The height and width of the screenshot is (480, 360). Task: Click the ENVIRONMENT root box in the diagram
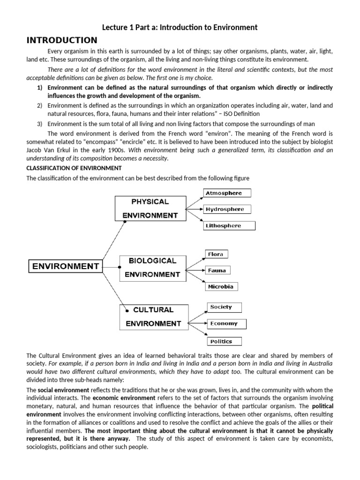tap(66, 267)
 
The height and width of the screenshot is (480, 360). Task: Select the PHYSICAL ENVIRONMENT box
tap(150, 208)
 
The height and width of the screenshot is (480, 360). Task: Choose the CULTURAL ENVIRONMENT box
tap(153, 316)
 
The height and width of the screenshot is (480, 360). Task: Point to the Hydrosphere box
tap(227, 210)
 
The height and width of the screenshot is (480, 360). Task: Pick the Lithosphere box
tap(229, 225)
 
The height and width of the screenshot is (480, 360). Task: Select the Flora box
tap(216, 254)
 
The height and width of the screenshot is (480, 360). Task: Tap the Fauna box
tap(217, 270)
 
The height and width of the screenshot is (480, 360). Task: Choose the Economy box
tap(226, 323)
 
